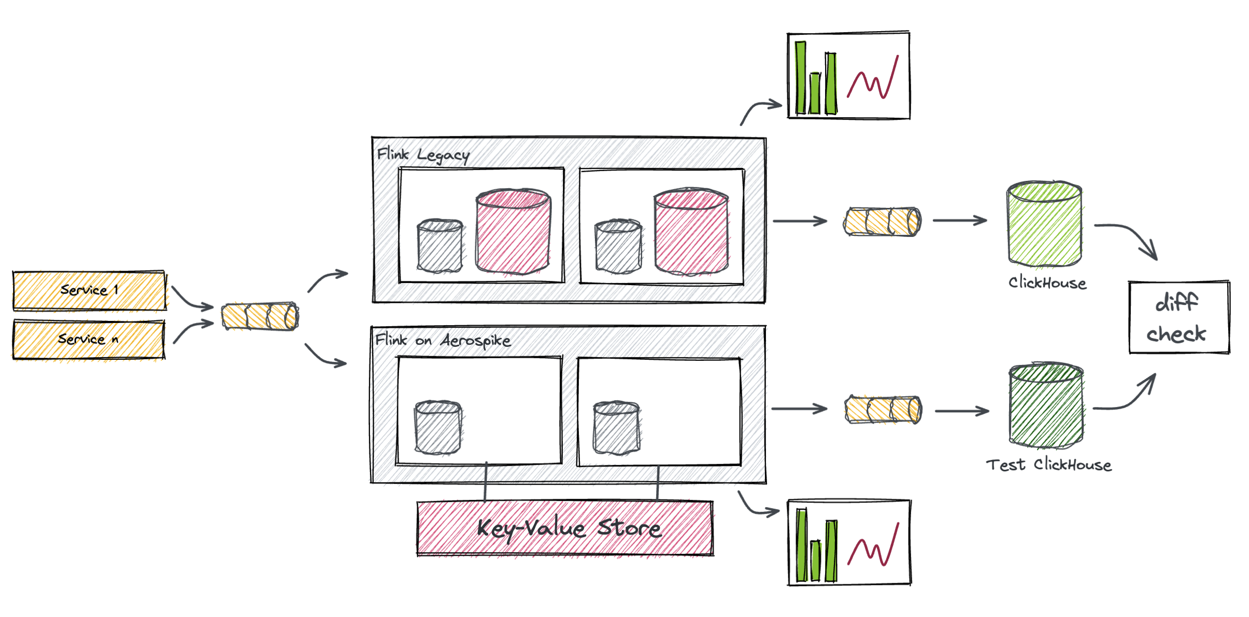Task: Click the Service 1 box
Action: click(x=89, y=290)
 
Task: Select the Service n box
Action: click(x=88, y=340)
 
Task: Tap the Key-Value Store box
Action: click(x=565, y=528)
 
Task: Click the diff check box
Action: click(x=1179, y=317)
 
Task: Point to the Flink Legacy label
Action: click(x=423, y=155)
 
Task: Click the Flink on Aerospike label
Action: click(x=443, y=340)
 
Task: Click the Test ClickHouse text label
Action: click(x=1048, y=465)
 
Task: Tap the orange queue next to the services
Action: click(x=260, y=316)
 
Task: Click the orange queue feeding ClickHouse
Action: click(x=882, y=222)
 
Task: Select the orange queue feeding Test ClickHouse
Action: click(x=883, y=410)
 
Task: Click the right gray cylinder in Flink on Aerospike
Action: click(x=617, y=428)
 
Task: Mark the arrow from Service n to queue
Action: click(x=192, y=330)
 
